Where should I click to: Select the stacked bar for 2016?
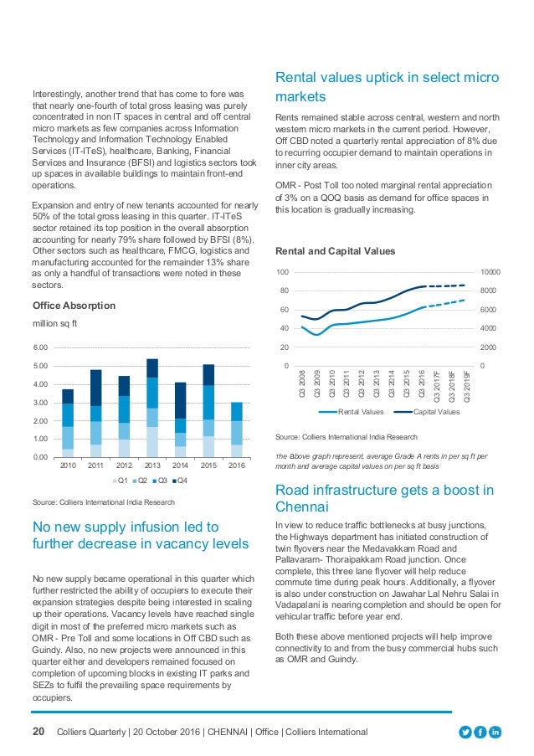tap(237, 429)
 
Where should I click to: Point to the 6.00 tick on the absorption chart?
tap(41, 347)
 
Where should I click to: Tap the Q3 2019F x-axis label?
tap(465, 386)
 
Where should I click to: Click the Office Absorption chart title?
tap(74, 306)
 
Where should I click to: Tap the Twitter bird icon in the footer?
tap(465, 733)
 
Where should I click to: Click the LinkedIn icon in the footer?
tap(496, 733)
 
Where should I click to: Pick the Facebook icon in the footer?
tap(481, 733)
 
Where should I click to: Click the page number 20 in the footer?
tap(39, 733)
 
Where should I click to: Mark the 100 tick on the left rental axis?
tap(284, 273)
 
